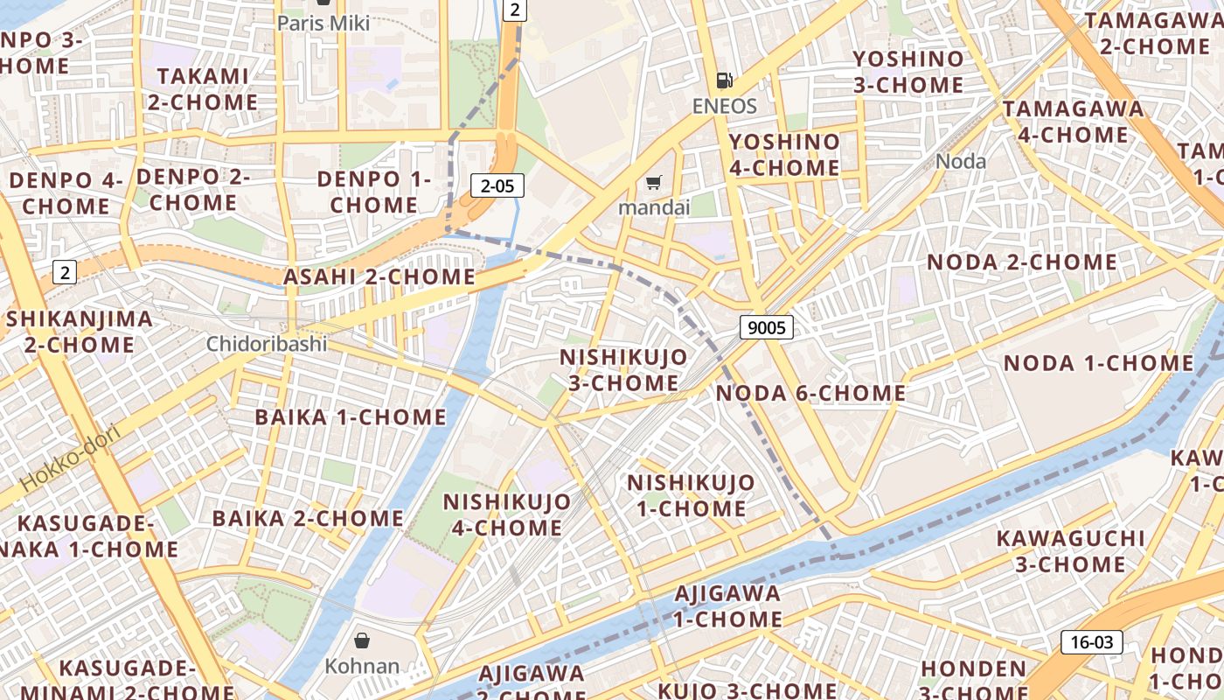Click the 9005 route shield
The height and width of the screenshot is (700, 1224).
click(766, 328)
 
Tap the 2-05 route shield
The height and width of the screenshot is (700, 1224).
click(497, 185)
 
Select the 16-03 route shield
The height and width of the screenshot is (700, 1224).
click(1092, 642)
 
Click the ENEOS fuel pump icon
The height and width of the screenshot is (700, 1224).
click(724, 81)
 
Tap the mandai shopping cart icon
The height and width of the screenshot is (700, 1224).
click(653, 183)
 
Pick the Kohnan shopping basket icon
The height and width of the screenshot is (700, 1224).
click(362, 640)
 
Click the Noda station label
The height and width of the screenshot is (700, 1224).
click(961, 161)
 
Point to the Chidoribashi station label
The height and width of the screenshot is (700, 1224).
click(267, 344)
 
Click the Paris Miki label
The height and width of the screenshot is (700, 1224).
click(323, 24)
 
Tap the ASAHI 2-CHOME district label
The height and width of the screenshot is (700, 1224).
click(379, 277)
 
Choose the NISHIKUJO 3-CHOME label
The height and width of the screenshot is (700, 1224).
click(623, 370)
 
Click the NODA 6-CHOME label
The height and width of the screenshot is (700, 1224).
click(810, 394)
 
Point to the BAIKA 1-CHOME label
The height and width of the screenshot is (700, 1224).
click(351, 416)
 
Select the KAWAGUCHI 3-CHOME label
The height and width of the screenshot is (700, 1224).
click(1070, 550)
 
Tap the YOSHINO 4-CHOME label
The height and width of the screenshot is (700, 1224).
click(784, 154)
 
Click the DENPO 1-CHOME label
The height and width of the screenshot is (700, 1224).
click(374, 192)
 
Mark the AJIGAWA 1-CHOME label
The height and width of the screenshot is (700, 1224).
click(727, 605)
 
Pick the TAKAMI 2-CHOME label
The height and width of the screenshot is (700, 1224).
click(203, 89)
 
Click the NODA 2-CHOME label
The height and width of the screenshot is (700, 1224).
click(1021, 262)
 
